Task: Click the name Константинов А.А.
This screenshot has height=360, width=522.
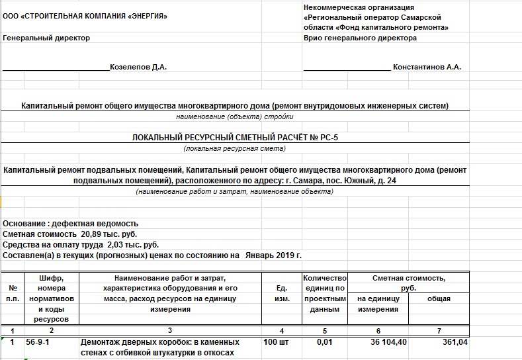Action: pos(427,67)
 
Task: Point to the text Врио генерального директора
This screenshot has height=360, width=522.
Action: pos(360,38)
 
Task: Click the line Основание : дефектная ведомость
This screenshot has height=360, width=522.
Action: pos(71,224)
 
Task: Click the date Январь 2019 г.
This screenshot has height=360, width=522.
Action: pos(273,255)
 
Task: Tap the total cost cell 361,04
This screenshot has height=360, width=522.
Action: pos(454,342)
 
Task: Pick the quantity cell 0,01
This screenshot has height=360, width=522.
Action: pos(324,342)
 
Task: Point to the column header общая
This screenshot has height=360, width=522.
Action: pos(439,299)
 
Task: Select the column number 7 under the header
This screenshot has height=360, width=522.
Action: pos(439,330)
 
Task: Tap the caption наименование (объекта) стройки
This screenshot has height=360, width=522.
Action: pos(235,116)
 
